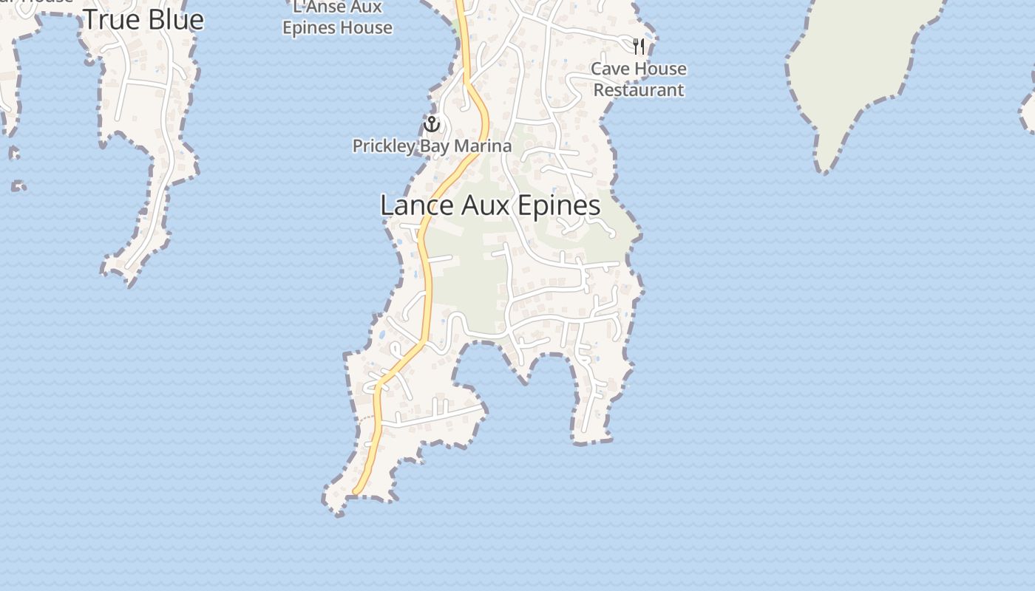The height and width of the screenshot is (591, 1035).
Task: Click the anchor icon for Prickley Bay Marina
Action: click(x=432, y=124)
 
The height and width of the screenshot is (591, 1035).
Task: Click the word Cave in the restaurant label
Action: click(x=607, y=69)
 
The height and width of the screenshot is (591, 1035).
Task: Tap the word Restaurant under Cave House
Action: click(x=639, y=90)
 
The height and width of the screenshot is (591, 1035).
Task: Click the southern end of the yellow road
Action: click(x=356, y=491)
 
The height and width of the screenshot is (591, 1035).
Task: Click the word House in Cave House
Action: click(x=660, y=69)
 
